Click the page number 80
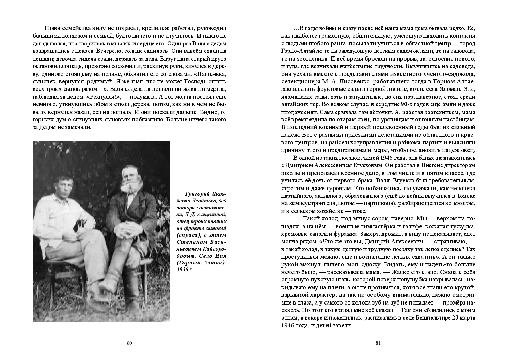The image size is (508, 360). pos(129,343)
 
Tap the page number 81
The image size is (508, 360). pos(378,343)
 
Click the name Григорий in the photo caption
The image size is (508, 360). pos(197,194)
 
